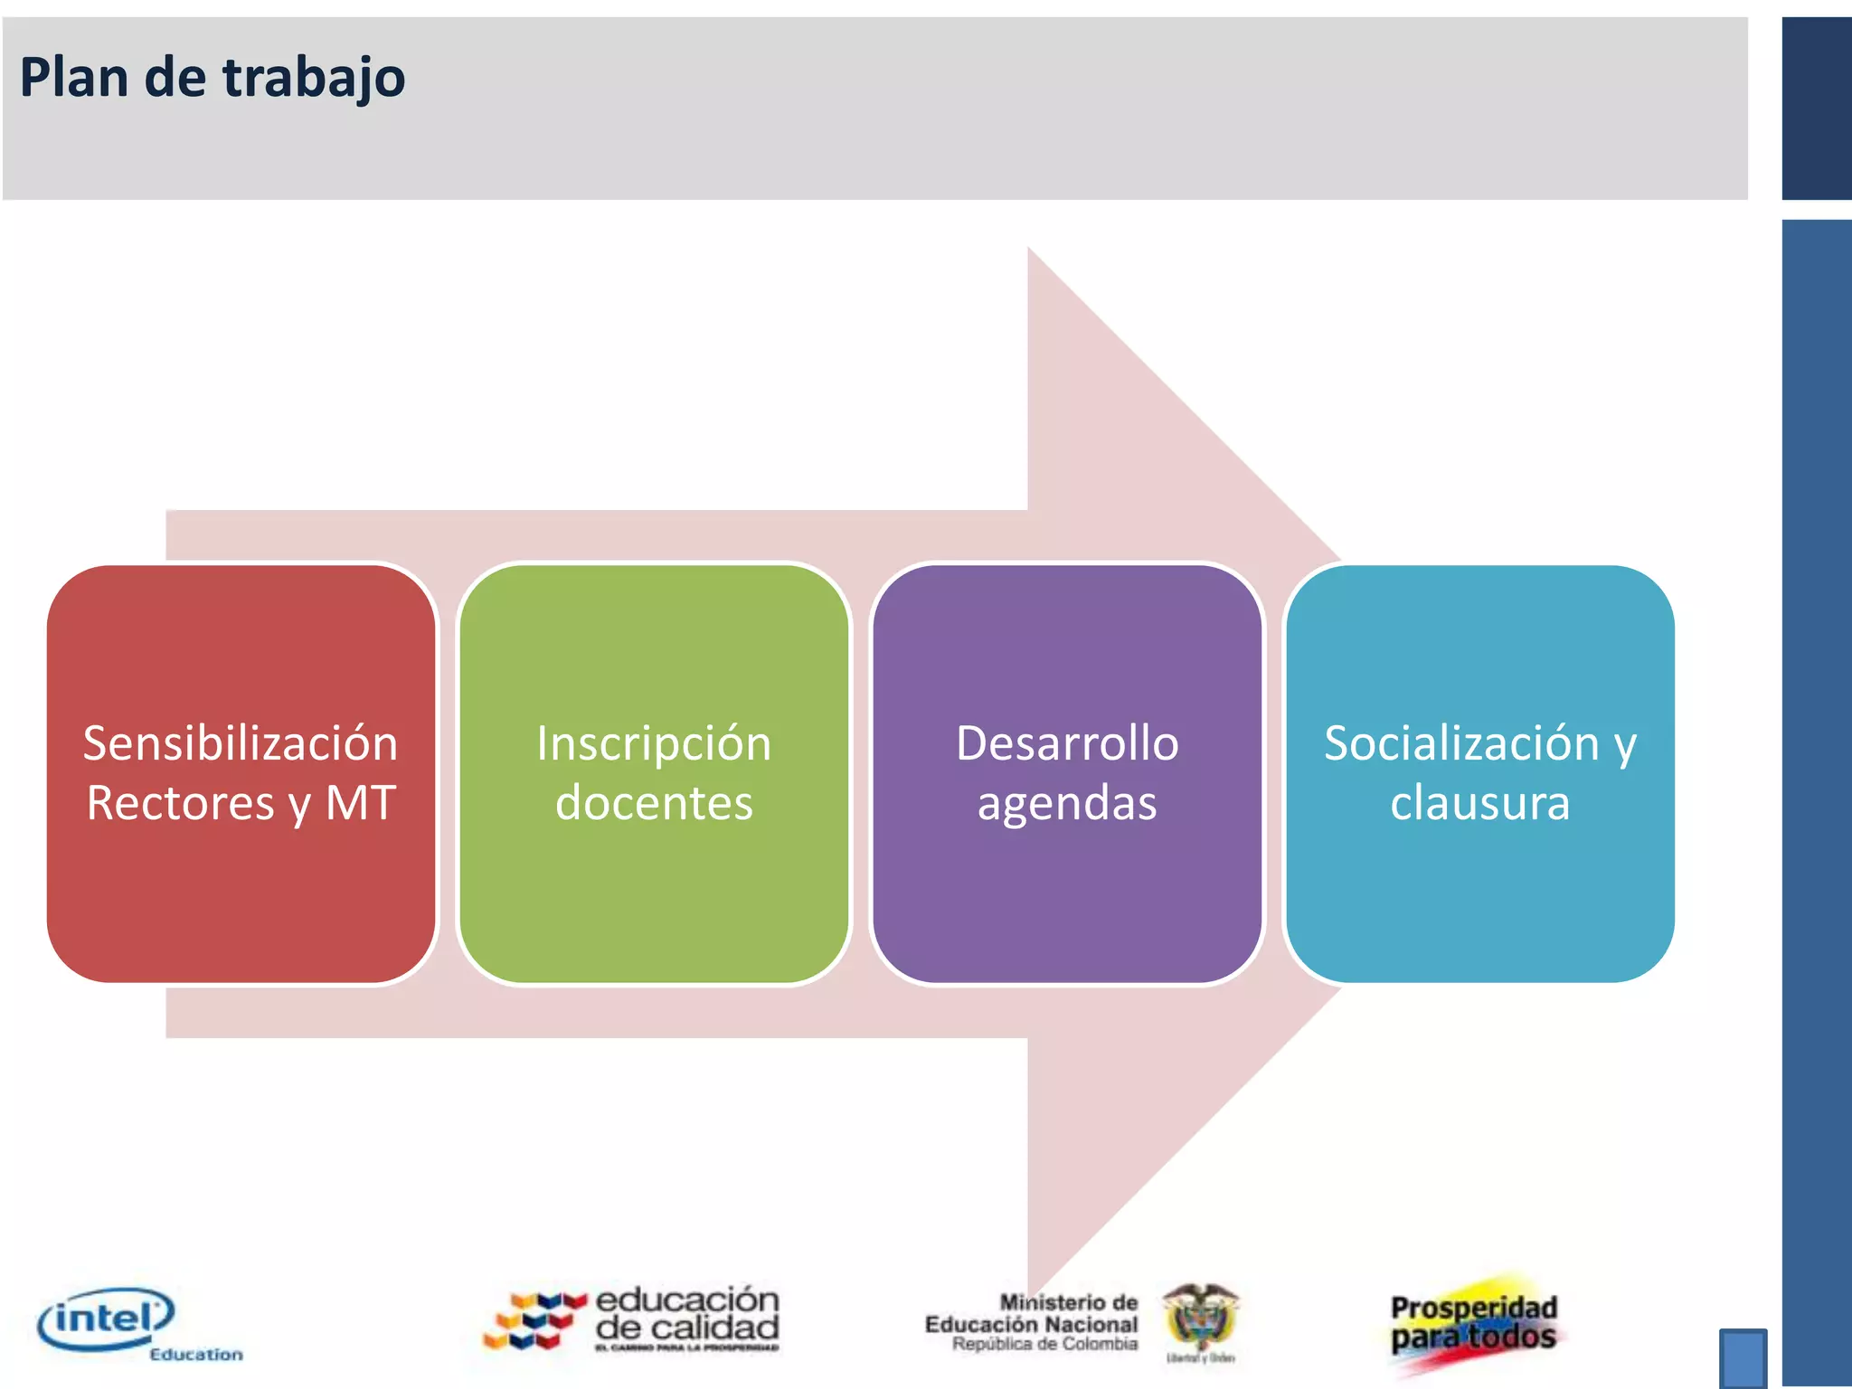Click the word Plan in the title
coord(73,77)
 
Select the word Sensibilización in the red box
coord(241,743)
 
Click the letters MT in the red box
coord(361,802)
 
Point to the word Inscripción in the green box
coord(654,743)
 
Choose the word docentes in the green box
coord(654,802)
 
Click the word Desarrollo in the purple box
coord(1067,743)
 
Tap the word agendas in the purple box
coord(1067,803)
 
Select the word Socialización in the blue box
coord(1461,743)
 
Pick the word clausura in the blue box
coord(1479,802)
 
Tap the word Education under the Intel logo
coord(196,1354)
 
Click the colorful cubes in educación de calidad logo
coord(534,1320)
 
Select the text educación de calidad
coord(687,1314)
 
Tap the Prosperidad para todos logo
coord(1474,1323)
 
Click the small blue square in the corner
coord(1743,1356)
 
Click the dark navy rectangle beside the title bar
coord(1816,109)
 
